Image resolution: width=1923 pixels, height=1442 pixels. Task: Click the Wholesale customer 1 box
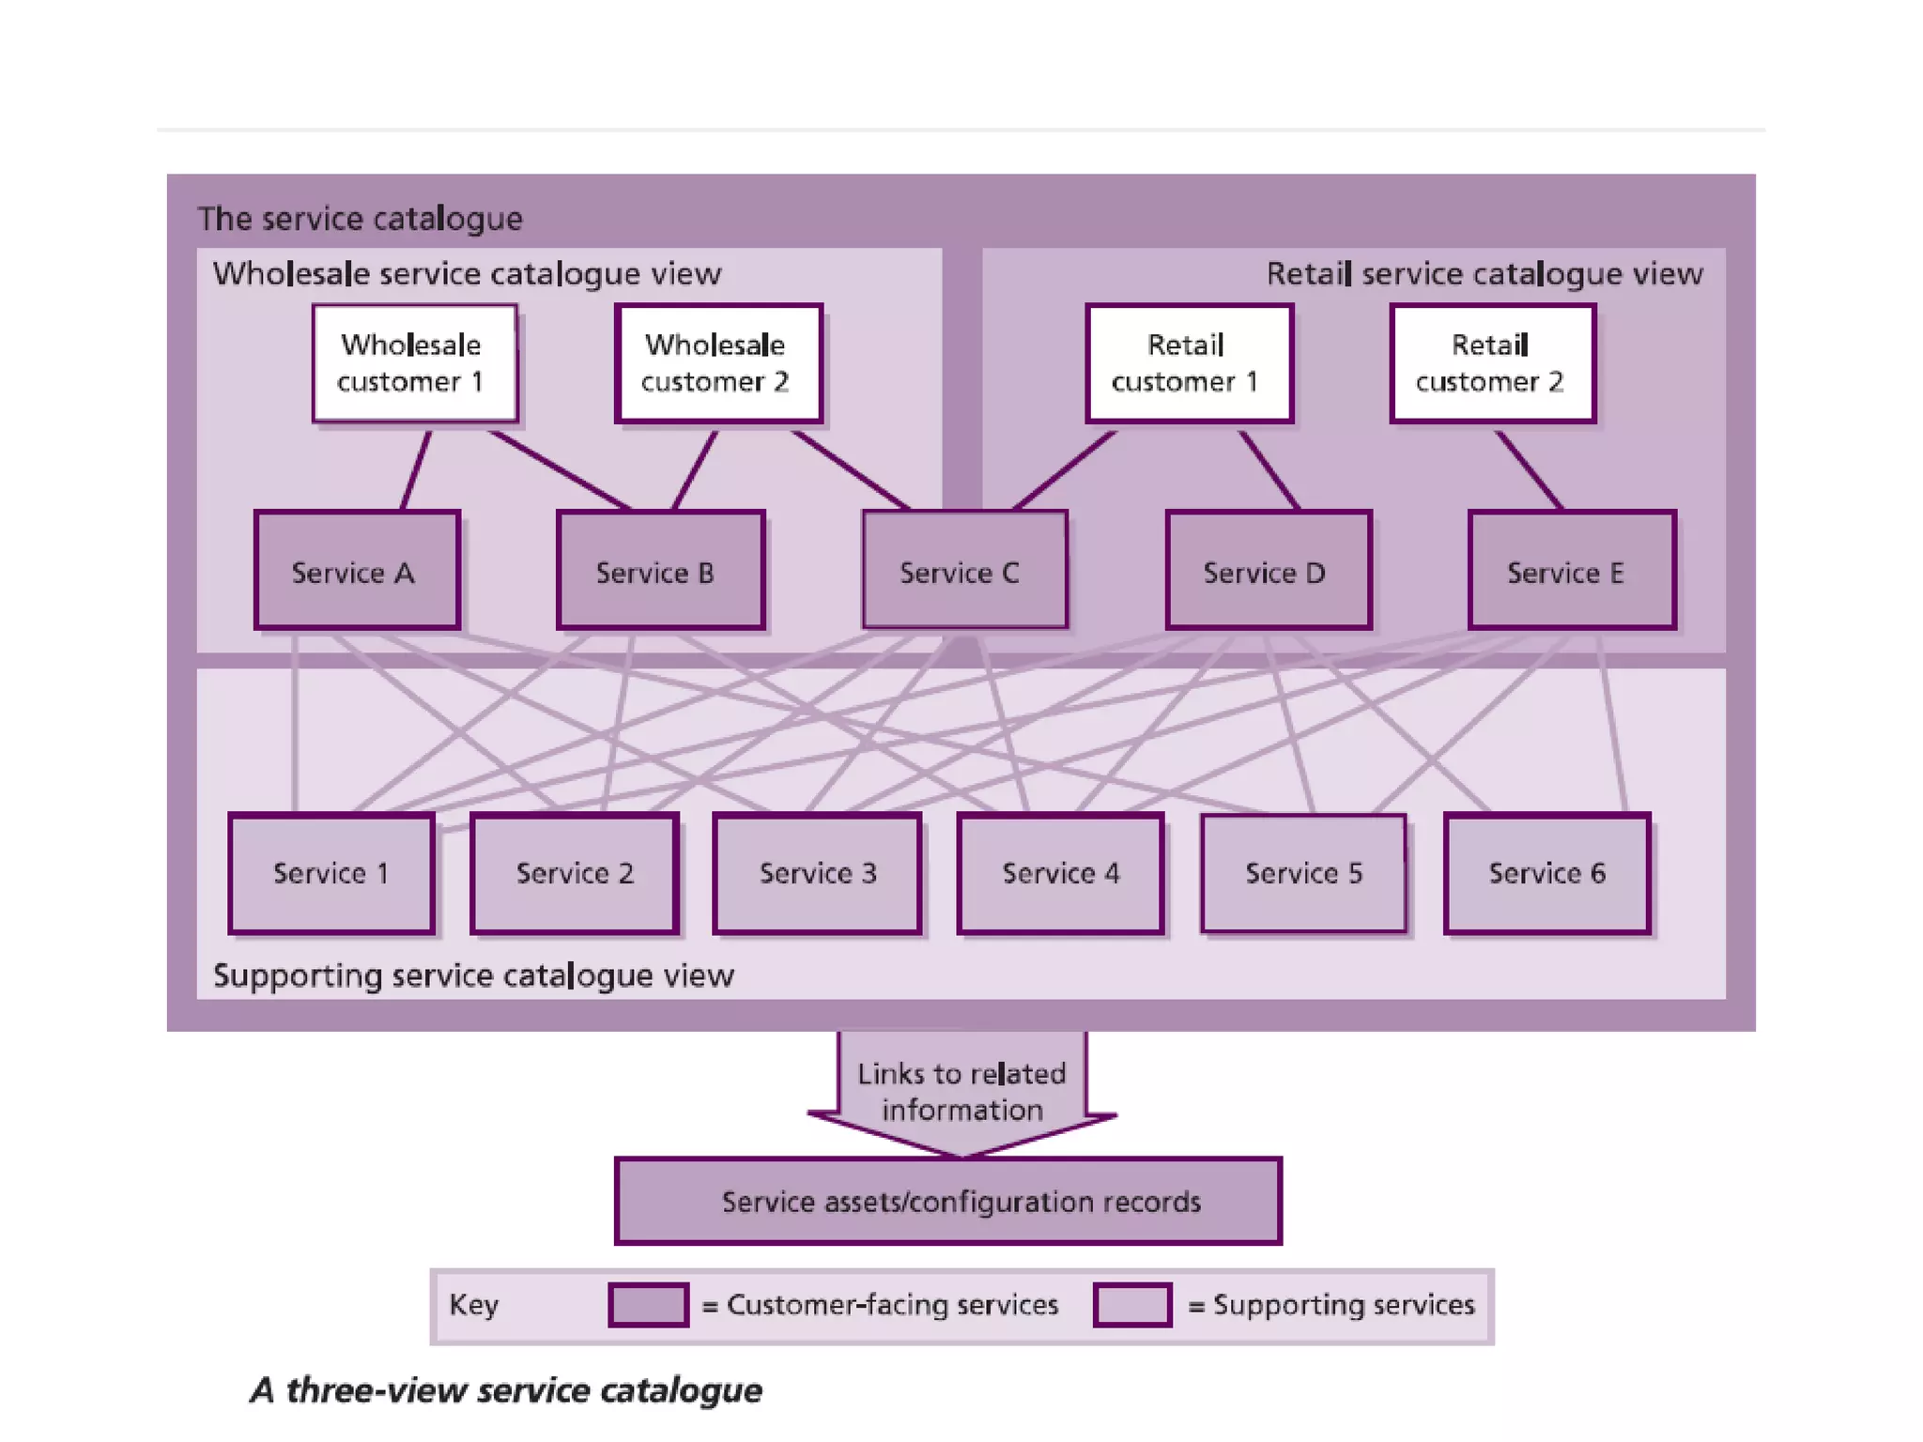pos(414,363)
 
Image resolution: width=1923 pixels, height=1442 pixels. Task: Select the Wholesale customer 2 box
pos(718,363)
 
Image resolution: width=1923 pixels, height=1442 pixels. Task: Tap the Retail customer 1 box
pos(1189,363)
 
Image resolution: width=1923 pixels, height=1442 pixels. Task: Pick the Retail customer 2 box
pos(1492,363)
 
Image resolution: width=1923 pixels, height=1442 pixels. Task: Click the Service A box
pos(357,570)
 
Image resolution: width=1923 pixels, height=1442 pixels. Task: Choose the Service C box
pos(964,570)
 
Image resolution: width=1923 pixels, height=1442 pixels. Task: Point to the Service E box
pos(1572,570)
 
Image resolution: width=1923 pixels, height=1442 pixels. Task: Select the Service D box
pos(1268,570)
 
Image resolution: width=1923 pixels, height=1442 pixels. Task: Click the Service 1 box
pos(331,873)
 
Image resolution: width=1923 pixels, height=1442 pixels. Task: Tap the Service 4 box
pos(1060,873)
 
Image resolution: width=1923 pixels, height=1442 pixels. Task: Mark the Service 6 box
pos(1546,873)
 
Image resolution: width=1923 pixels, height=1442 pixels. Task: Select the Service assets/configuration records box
pos(948,1202)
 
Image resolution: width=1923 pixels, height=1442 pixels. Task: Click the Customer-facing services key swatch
pos(648,1305)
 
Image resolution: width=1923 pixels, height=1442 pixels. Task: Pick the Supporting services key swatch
pos(1132,1305)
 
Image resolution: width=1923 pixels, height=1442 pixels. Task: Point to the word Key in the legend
pos(473,1305)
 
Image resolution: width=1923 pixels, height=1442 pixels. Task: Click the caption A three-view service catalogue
pos(507,1390)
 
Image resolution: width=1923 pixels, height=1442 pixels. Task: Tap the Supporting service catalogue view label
pos(473,975)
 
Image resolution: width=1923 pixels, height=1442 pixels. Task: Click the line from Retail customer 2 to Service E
pos(1529,469)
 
